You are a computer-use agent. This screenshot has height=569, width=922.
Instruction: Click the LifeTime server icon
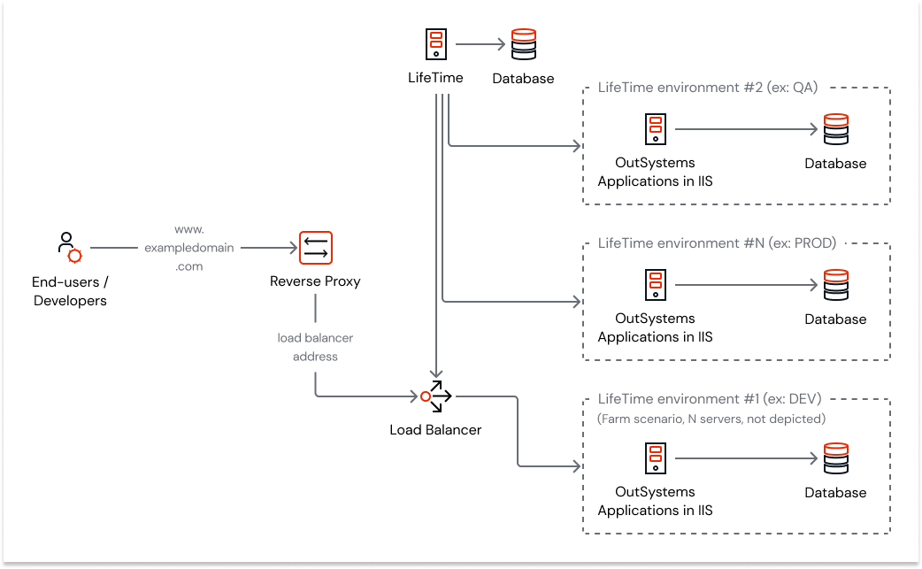(435, 43)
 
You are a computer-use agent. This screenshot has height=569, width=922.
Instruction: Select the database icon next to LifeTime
(524, 43)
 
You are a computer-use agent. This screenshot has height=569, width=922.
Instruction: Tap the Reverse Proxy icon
(315, 249)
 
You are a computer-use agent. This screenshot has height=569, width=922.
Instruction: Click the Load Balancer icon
(435, 396)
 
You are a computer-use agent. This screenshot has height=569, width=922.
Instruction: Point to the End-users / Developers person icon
(68, 248)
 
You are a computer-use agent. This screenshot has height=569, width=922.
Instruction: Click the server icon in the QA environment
(655, 129)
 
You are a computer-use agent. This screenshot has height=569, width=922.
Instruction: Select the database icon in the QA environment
(835, 129)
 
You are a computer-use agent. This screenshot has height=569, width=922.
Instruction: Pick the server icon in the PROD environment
(655, 285)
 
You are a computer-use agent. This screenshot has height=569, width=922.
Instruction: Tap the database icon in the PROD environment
(835, 285)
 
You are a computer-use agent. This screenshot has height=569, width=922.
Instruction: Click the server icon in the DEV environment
(655, 458)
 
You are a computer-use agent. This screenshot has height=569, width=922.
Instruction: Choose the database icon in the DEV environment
(835, 458)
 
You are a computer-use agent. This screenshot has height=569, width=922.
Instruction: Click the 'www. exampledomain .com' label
(189, 248)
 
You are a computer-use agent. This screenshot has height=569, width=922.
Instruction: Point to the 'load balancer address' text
(315, 347)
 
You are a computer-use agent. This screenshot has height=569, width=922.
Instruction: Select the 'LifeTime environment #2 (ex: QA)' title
(708, 88)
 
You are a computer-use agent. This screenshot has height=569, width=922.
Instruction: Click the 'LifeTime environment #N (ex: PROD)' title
(717, 242)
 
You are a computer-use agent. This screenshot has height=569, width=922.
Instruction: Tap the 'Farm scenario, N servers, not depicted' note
(711, 419)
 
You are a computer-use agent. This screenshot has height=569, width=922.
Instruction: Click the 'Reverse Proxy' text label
(315, 281)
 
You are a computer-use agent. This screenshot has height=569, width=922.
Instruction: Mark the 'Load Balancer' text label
(435, 430)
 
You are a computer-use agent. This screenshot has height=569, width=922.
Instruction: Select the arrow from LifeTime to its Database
(480, 43)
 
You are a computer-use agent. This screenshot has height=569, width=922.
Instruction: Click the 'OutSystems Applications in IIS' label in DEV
(655, 501)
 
